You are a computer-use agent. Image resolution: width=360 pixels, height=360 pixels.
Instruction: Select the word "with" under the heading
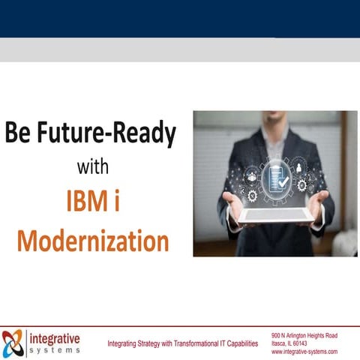point(94,166)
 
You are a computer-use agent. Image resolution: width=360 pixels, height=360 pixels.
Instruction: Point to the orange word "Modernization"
point(93,241)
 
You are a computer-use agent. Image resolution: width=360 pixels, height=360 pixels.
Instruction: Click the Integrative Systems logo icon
point(13,342)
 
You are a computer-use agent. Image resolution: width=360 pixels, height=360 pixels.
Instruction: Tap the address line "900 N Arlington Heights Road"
point(304,335)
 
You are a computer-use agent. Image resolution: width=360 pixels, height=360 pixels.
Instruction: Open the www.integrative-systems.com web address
point(304,351)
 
